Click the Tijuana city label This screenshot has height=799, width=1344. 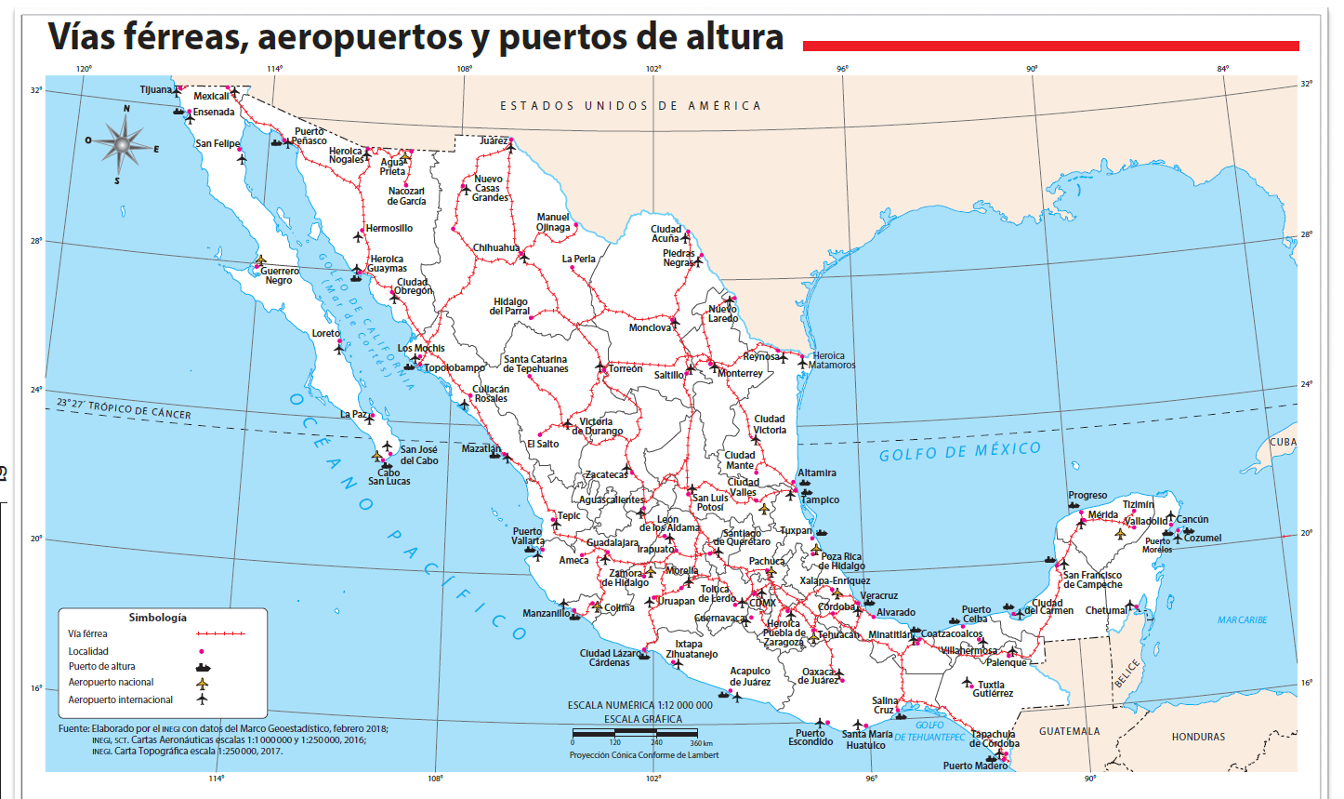[x=155, y=90]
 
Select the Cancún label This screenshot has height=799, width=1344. [x=1192, y=520]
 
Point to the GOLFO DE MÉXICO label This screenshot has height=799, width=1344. [x=960, y=452]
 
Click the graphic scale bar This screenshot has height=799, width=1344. [x=642, y=734]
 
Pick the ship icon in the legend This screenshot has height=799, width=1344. [x=203, y=667]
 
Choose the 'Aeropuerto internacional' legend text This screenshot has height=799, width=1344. [x=120, y=699]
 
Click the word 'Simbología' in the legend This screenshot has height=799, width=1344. [x=157, y=618]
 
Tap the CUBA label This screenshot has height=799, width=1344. [x=1283, y=443]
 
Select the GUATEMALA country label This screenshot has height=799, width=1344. [x=1070, y=731]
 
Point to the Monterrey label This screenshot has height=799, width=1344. [x=740, y=374]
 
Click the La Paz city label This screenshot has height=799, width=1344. [x=352, y=415]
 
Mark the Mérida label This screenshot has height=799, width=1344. [x=1103, y=514]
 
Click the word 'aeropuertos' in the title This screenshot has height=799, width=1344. [x=373, y=37]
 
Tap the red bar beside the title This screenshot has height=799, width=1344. [x=1050, y=46]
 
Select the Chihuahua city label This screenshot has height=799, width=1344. [x=496, y=248]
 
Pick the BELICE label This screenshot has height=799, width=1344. [x=1127, y=672]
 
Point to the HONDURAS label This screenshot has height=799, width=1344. [x=1198, y=737]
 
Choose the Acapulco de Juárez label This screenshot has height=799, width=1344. [x=750, y=676]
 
